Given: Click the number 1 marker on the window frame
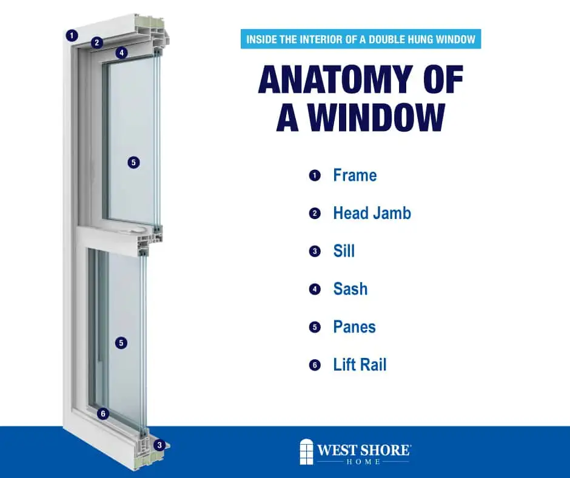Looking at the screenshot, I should click(72, 35).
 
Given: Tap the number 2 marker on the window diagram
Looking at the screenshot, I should click(97, 42).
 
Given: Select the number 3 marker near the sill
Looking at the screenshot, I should click(159, 445).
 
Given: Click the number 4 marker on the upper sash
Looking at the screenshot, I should click(122, 53).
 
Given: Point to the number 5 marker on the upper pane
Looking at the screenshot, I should click(134, 162).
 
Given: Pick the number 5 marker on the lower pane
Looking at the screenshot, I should click(122, 343).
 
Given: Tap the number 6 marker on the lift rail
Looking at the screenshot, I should click(103, 414).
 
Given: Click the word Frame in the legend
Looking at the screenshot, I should click(355, 176).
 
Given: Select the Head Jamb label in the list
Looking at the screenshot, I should click(372, 214).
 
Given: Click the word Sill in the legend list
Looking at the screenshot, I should click(344, 251).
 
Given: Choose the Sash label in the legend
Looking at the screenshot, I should click(350, 289).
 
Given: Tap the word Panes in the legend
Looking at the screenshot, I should click(354, 327).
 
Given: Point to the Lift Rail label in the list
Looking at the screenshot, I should click(360, 365).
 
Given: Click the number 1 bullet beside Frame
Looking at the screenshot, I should click(314, 176).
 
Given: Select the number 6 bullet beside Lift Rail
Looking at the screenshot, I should click(314, 365).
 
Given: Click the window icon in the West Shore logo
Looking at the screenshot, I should click(307, 452).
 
